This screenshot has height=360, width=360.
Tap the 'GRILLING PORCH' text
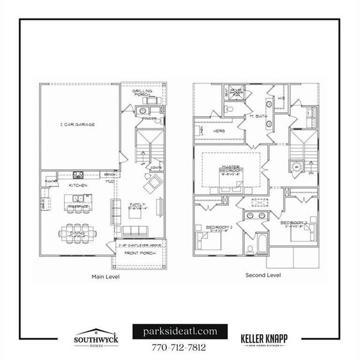142,92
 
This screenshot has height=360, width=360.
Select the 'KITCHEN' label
78,185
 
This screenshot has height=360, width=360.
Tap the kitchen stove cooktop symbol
78,175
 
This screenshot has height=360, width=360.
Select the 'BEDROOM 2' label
217,227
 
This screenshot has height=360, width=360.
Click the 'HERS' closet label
220,131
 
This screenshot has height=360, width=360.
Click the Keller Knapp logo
264,340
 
